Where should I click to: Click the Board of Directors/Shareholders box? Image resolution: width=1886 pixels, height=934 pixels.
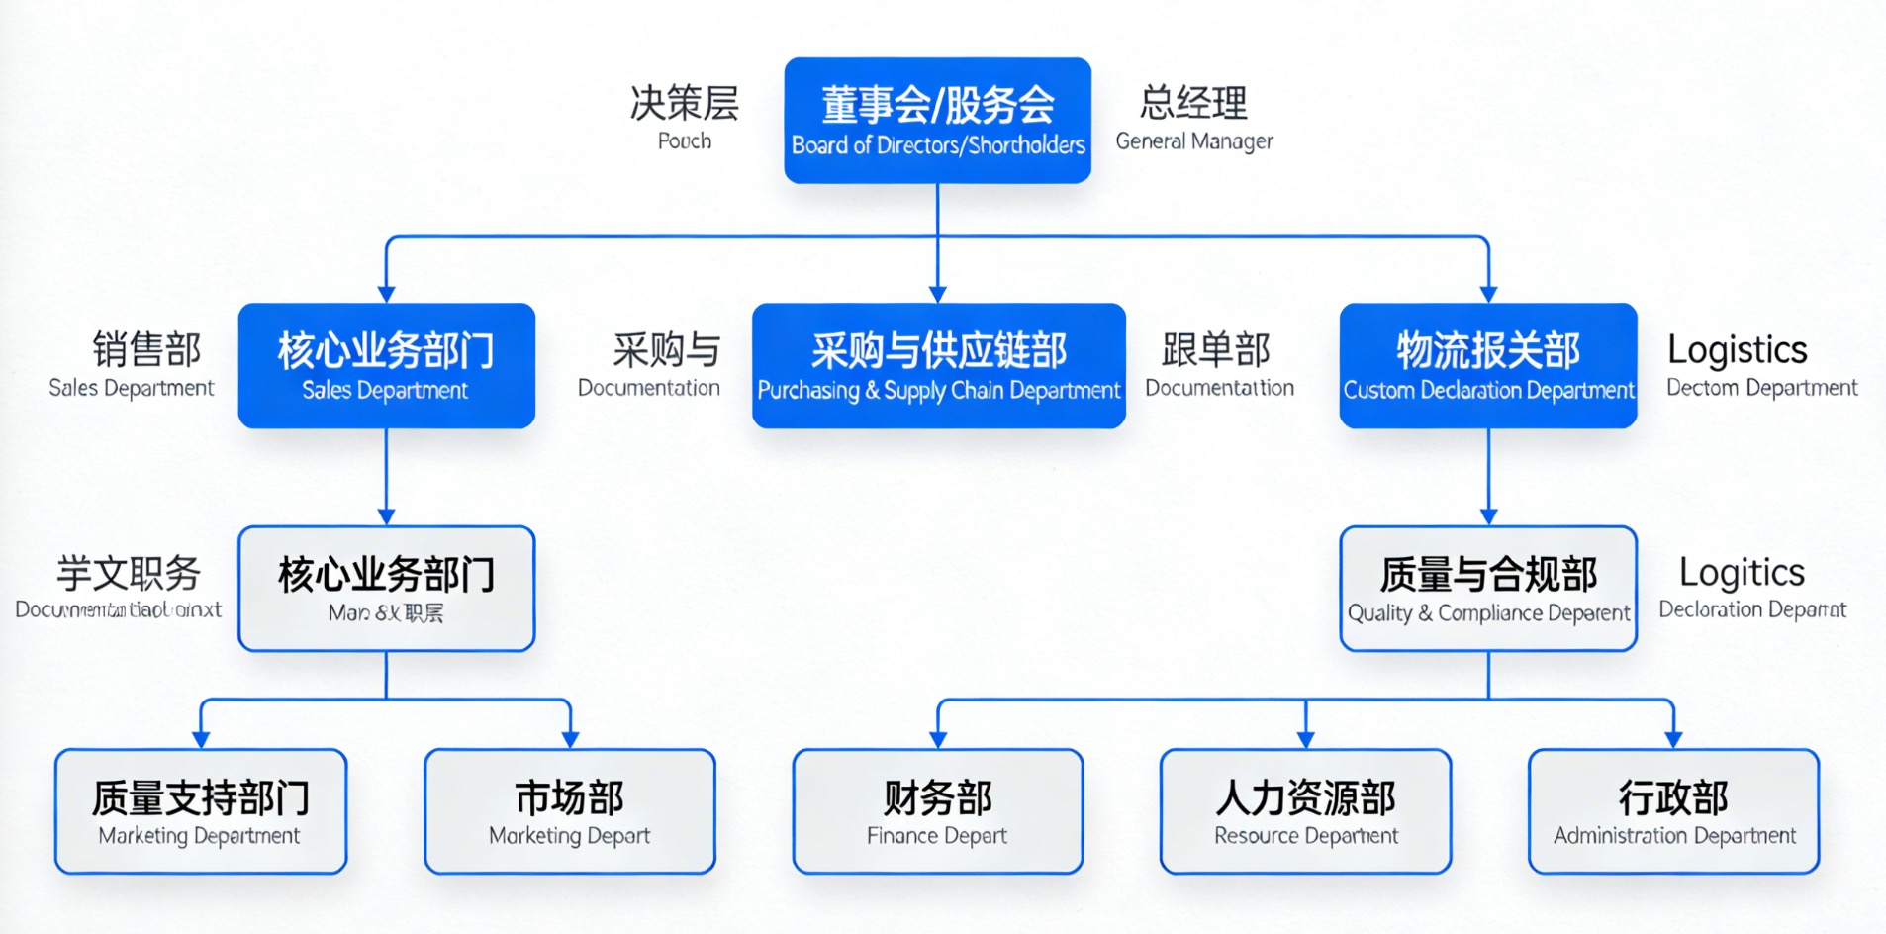point(937,120)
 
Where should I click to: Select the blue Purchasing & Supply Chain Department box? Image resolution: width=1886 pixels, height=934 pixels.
point(938,365)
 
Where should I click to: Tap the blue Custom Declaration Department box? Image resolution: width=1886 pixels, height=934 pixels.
point(1487,365)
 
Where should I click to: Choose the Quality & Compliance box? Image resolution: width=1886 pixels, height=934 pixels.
point(1487,589)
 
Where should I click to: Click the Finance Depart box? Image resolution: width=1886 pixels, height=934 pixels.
point(937,811)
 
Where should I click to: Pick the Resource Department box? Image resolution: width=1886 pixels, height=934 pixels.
point(1305,811)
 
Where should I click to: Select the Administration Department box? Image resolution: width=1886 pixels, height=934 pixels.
point(1673,811)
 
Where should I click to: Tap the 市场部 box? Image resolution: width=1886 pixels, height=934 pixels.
point(569,811)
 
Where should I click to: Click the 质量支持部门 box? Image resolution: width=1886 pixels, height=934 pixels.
point(200,811)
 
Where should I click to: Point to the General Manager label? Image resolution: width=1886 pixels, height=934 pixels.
point(1193,141)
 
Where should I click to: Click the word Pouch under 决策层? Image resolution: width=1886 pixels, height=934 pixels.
point(684,141)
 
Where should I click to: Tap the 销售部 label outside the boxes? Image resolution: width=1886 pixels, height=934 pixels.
point(146,349)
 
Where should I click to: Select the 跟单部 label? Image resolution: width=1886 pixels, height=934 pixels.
point(1215,349)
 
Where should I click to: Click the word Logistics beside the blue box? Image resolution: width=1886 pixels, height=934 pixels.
point(1737,349)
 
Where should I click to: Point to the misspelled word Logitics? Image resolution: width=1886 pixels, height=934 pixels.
point(1742,572)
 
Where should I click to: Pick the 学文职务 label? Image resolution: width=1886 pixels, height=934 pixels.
point(128,573)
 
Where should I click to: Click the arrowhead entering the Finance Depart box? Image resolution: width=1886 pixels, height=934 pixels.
point(938,739)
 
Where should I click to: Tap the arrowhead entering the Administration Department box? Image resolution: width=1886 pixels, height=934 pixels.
point(1673,739)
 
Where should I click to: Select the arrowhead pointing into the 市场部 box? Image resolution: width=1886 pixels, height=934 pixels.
point(569,739)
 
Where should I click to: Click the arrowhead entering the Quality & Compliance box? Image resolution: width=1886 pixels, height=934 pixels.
point(1487,516)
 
